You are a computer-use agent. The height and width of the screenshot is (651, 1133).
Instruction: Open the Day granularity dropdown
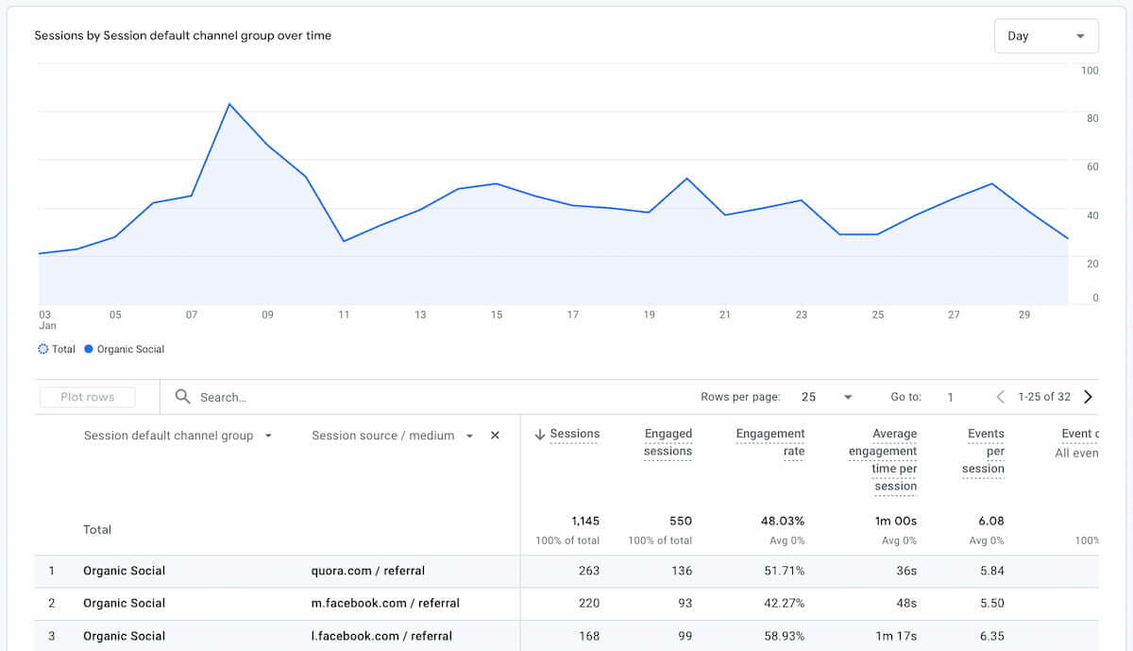pyautogui.click(x=1045, y=36)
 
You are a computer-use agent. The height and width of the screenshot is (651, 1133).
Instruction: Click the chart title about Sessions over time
pyautogui.click(x=182, y=36)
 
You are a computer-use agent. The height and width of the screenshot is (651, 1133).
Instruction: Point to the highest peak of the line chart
pyautogui.click(x=229, y=104)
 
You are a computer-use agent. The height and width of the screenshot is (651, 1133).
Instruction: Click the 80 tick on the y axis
pyautogui.click(x=1091, y=119)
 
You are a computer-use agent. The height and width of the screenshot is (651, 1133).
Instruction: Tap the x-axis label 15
pyautogui.click(x=497, y=315)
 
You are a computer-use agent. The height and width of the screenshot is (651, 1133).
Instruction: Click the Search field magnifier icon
pyautogui.click(x=183, y=397)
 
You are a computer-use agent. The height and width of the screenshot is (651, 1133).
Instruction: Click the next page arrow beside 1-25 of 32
pyautogui.click(x=1088, y=397)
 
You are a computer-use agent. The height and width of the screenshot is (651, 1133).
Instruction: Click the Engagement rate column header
pyautogui.click(x=770, y=442)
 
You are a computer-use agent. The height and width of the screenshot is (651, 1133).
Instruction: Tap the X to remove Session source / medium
pyautogui.click(x=495, y=436)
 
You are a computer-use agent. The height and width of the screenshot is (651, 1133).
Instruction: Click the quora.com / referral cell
pyautogui.click(x=368, y=571)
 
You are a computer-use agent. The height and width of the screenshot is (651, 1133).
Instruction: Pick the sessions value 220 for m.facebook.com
pyautogui.click(x=588, y=604)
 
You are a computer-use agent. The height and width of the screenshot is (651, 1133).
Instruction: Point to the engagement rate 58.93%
pyautogui.click(x=784, y=636)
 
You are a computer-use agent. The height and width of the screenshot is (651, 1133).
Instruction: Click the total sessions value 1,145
pyautogui.click(x=584, y=521)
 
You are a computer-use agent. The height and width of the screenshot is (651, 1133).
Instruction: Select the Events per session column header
pyautogui.click(x=985, y=451)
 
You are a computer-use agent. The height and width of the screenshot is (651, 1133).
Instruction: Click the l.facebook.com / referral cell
pyautogui.click(x=381, y=636)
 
